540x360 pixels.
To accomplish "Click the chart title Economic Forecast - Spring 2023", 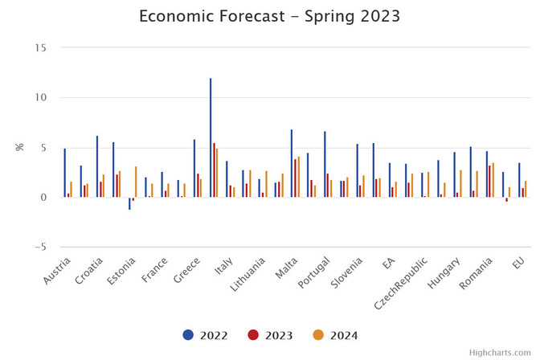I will [x=269, y=17].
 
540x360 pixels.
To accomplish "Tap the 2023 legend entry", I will [x=270, y=335].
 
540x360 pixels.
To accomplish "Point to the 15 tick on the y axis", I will [x=40, y=47].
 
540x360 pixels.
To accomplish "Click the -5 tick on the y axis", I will [x=39, y=247].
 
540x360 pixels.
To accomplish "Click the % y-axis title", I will [x=19, y=147].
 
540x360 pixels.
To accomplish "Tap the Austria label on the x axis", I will [x=56, y=272].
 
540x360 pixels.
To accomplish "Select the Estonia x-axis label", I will [x=121, y=272].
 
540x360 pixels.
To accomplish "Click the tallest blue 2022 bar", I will [x=211, y=137].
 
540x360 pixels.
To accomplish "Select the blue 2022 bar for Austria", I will [x=65, y=173].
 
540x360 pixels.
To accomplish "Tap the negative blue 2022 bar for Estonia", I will [x=129, y=203].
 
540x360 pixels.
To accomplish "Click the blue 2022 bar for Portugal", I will [x=325, y=164].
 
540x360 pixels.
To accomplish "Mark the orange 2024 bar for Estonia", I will [x=136, y=182].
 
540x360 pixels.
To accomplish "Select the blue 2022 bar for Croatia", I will [x=97, y=166].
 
